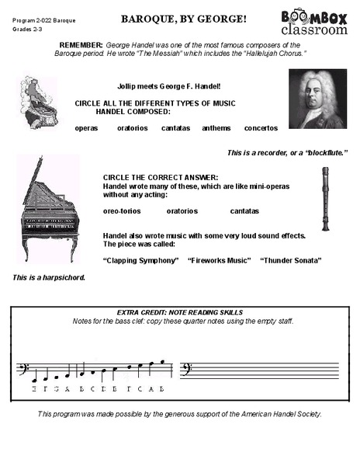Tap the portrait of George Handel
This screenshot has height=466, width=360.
coord(316,99)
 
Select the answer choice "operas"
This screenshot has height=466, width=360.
coord(86,127)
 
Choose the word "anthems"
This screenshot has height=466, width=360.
coord(216,127)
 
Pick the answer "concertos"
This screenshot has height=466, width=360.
coord(261,127)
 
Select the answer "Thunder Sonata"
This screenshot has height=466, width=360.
coord(291,260)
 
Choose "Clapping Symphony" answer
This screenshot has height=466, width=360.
coord(140,260)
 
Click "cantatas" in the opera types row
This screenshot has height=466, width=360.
coord(175,127)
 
